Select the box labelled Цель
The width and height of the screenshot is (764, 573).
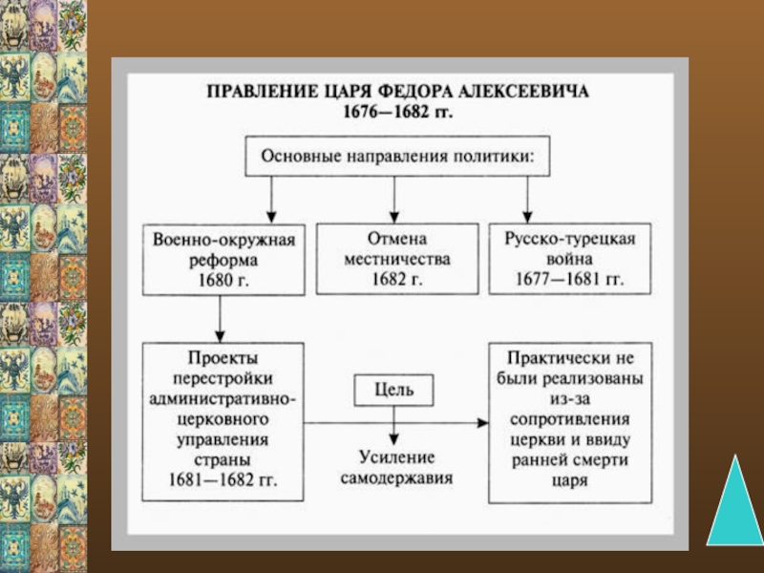pos(394,389)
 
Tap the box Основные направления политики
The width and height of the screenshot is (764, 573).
pos(397,154)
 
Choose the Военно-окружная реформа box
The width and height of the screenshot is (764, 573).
pos(220,259)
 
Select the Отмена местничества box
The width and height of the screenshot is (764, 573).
pos(396,259)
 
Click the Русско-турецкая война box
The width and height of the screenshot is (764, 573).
pos(570,259)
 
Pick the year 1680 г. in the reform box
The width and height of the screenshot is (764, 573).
pos(220,281)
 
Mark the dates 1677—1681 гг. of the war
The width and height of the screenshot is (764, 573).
pos(570,281)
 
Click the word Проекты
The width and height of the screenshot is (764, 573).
pos(223,357)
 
